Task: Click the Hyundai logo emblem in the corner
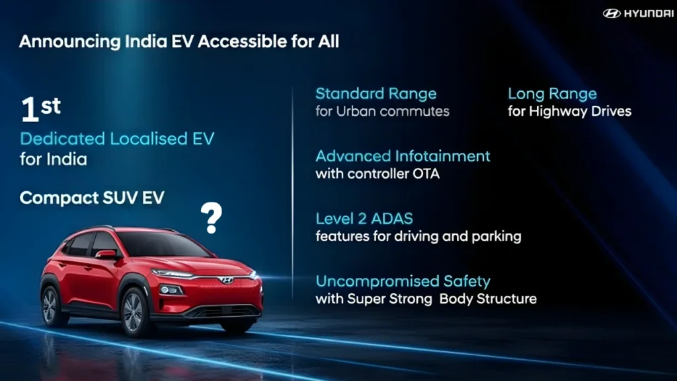(612, 13)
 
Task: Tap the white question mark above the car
(211, 218)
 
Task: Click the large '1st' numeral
(40, 110)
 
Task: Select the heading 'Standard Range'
(376, 93)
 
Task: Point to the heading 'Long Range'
(552, 93)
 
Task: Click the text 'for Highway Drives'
(569, 111)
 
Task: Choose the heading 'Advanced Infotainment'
(403, 156)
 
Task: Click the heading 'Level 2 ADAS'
(364, 218)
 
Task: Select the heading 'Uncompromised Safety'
(403, 281)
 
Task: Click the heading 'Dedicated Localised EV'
(117, 139)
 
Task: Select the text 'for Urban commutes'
(382, 111)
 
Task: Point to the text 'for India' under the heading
(53, 159)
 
